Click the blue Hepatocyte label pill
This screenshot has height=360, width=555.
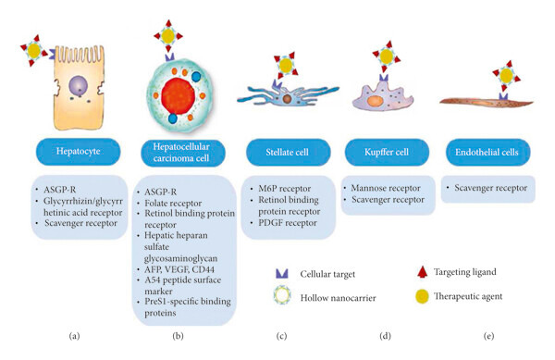click(79, 152)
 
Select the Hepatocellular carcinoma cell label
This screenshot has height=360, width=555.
click(182, 153)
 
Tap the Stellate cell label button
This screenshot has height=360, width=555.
click(288, 152)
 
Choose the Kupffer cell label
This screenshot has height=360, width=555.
click(387, 152)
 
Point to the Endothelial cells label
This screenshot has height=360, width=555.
click(487, 152)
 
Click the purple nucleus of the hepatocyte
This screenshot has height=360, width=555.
click(79, 85)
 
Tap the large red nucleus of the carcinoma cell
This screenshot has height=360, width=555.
click(178, 95)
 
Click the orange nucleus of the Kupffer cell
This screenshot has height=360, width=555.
click(375, 101)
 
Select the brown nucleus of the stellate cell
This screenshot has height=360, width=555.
click(287, 99)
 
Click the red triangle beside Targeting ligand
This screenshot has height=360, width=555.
click(422, 271)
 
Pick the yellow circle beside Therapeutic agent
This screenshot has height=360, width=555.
click(422, 297)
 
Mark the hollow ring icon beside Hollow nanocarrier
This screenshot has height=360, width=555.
click(282, 295)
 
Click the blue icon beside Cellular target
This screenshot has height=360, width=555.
click(282, 273)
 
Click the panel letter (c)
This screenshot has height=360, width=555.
click(281, 336)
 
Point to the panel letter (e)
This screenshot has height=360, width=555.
click(488, 336)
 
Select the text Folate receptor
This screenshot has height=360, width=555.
click(173, 204)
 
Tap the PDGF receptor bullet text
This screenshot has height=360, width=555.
click(288, 223)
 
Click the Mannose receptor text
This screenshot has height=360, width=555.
click(386, 188)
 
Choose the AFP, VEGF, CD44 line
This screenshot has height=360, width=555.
click(179, 269)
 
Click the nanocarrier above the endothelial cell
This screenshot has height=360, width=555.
click(507, 76)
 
